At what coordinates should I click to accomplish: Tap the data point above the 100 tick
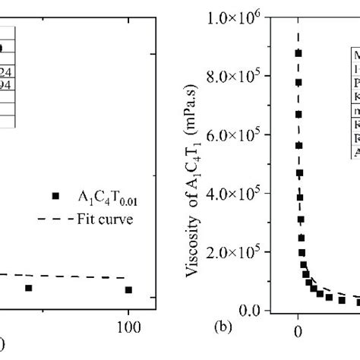[128, 289]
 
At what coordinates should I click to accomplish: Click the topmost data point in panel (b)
[298, 53]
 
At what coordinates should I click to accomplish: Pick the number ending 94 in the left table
[6, 85]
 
